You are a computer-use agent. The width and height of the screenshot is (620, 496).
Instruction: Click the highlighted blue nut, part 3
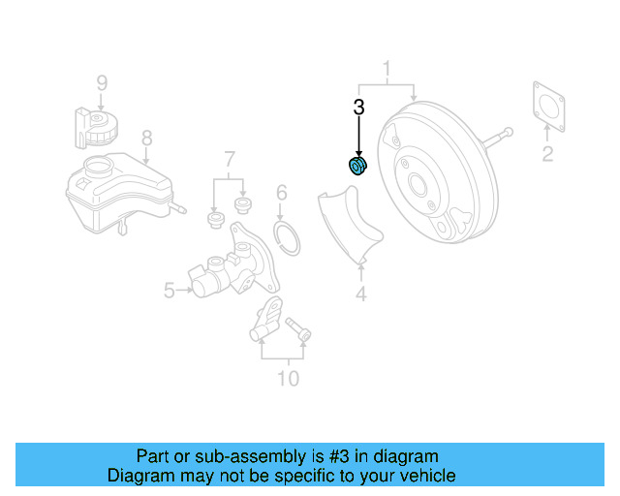(357, 168)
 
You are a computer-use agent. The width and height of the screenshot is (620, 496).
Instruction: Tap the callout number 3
(358, 108)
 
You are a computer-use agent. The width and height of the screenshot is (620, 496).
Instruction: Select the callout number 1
(387, 69)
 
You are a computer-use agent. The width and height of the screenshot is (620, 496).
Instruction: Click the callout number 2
(547, 154)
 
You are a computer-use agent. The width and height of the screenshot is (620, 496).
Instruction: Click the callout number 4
(360, 294)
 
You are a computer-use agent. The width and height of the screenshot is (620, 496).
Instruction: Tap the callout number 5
(169, 289)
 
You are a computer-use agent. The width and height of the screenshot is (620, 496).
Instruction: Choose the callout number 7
(230, 158)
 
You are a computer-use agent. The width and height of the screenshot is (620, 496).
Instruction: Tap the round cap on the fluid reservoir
(97, 166)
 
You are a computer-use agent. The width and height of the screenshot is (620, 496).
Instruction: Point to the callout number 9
(102, 82)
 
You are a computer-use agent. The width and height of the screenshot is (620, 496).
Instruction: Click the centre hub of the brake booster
(418, 183)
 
